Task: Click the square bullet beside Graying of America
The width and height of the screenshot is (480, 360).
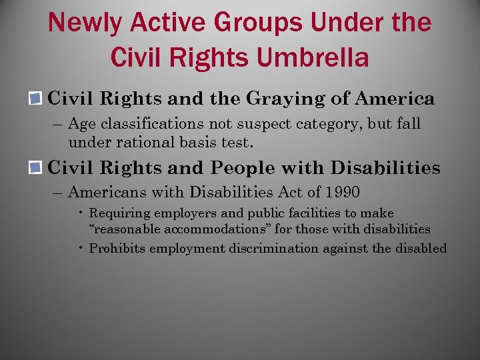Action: (37, 99)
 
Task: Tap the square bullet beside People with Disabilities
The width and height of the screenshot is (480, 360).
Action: (37, 167)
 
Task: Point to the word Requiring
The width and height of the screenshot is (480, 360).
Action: (116, 214)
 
